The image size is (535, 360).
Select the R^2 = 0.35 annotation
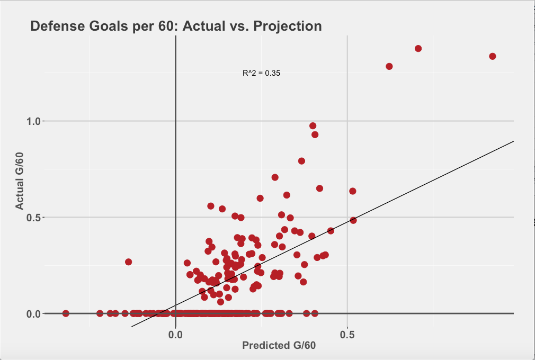pos(261,73)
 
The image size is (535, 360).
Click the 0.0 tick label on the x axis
pos(175,335)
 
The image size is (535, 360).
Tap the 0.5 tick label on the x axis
pos(347,335)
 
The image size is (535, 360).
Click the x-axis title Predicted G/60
pos(279,346)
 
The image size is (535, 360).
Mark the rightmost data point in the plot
pos(492,56)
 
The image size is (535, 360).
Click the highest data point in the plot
pos(418,49)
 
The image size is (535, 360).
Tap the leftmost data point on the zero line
pos(66,313)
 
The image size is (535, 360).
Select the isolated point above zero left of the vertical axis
pos(128,262)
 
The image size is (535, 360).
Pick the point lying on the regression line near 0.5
pos(353,220)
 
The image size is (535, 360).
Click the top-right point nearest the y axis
pos(389,66)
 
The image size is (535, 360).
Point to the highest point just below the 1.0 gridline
pos(313,126)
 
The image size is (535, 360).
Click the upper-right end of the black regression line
pos(513,141)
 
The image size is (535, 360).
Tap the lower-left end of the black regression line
pos(132,326)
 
